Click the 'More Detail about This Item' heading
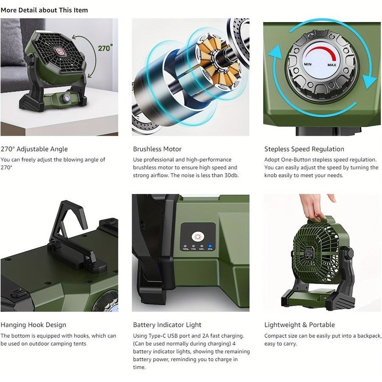[x=44, y=10]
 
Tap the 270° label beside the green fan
[x=105, y=48]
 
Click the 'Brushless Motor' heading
[x=157, y=149]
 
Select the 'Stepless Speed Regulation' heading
[x=304, y=149]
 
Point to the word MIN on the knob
[x=308, y=64]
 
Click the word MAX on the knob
[x=332, y=65]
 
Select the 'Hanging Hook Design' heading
[x=33, y=325]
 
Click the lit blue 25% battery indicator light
[x=210, y=245]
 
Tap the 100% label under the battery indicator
[x=185, y=249]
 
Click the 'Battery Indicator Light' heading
[x=167, y=325]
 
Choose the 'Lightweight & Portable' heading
[x=299, y=325]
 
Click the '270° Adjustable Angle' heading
[x=34, y=149]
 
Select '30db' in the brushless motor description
[x=230, y=175]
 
